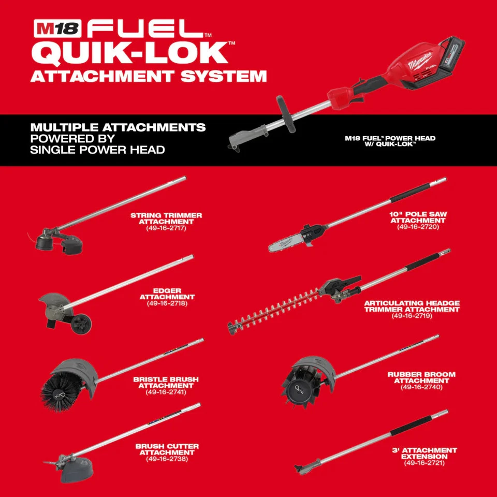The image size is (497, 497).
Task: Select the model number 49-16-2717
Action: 166,228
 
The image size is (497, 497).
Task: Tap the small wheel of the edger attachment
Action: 81,324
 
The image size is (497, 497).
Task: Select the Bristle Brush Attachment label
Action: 166,383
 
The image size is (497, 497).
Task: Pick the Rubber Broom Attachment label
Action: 421,378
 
